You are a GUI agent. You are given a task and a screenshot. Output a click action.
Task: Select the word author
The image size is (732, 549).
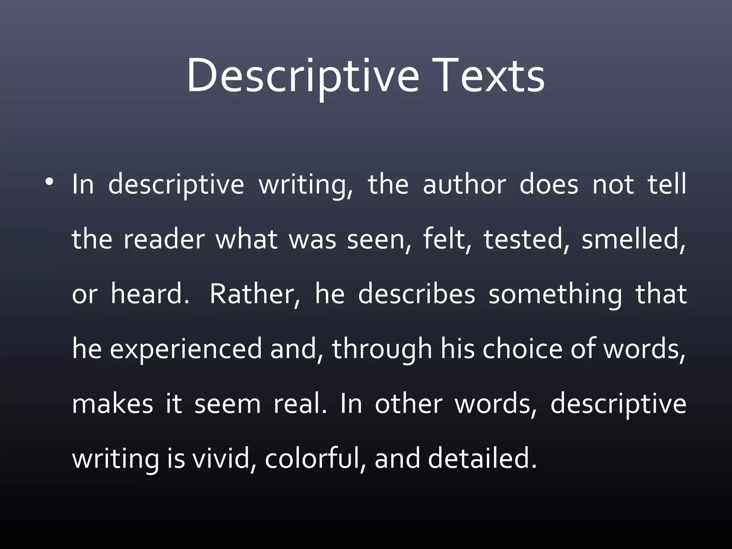click(464, 185)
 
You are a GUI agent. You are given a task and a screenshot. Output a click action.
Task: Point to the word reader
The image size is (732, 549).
click(164, 239)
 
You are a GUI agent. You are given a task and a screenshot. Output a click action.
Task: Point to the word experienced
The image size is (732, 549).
click(186, 350)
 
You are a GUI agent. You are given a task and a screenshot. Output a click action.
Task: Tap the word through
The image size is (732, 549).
click(382, 350)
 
